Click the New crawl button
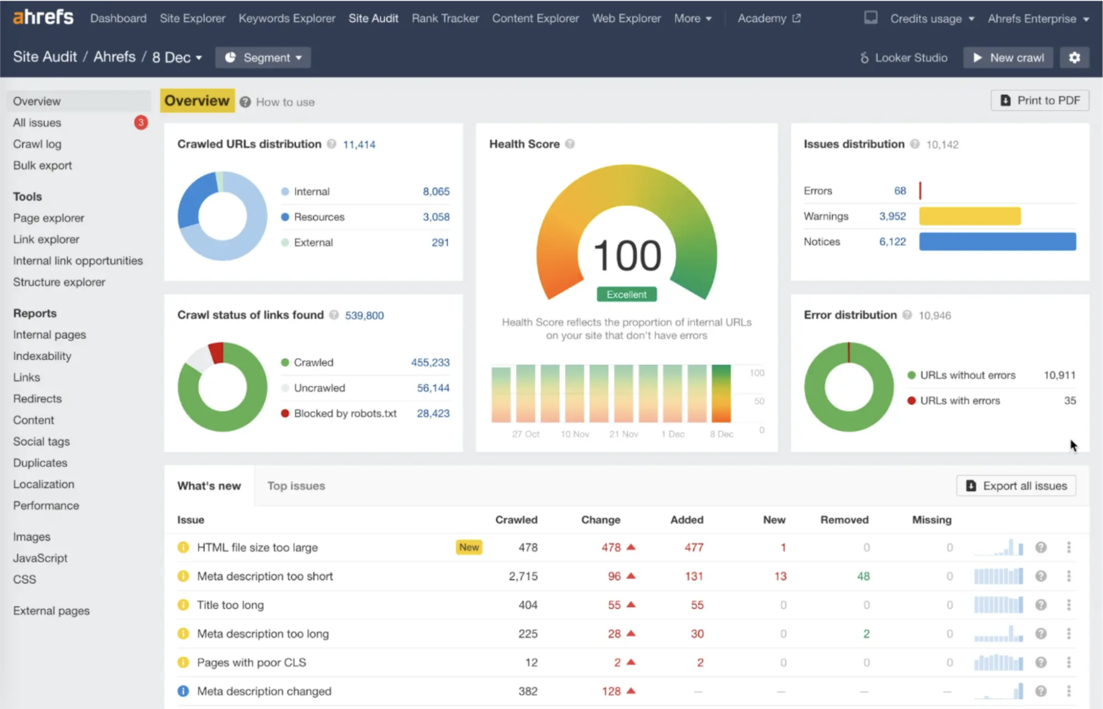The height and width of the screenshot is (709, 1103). coord(1008,58)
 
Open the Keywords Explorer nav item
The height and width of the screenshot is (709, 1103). coord(286,19)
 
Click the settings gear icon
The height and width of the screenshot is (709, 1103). coord(1074,58)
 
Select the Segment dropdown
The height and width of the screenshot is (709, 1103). coord(263,58)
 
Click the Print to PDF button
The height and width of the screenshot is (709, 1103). coord(1040,100)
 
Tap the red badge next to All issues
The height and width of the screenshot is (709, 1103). coord(141,122)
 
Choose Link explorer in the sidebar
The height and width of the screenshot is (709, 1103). coord(46,239)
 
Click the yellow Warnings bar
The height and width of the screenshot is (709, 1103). coord(969,216)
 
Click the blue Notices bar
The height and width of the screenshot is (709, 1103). coord(997,242)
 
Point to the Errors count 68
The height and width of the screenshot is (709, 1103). coord(899,191)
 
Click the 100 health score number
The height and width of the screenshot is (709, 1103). coord(627,255)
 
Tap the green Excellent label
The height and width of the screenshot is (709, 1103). coord(627,294)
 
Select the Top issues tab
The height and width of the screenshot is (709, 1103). coord(296,486)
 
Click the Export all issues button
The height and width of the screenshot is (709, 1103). coord(1016,486)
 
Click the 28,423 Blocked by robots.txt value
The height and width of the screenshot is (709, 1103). coord(433,414)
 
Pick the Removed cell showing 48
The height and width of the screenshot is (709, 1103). coord(863,577)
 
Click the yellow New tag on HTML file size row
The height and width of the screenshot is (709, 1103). coord(469,547)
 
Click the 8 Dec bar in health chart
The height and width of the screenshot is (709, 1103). coord(721,394)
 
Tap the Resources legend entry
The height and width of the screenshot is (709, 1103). coord(319,217)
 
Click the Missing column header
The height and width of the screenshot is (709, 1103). coord(931,520)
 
